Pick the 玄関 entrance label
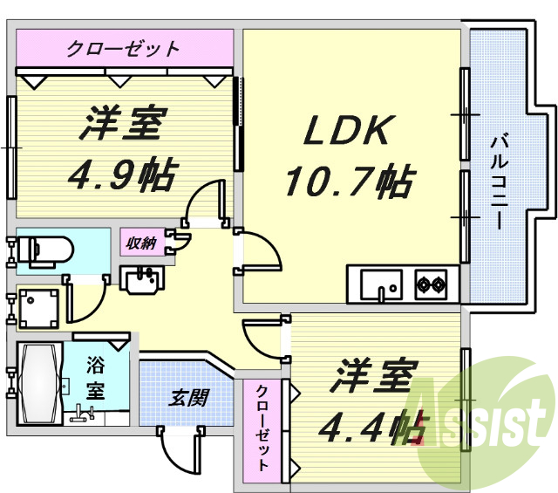tap(187, 399)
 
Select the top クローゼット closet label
tap(124, 47)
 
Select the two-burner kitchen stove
tap(431, 284)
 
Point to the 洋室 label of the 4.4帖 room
tap(371, 377)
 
